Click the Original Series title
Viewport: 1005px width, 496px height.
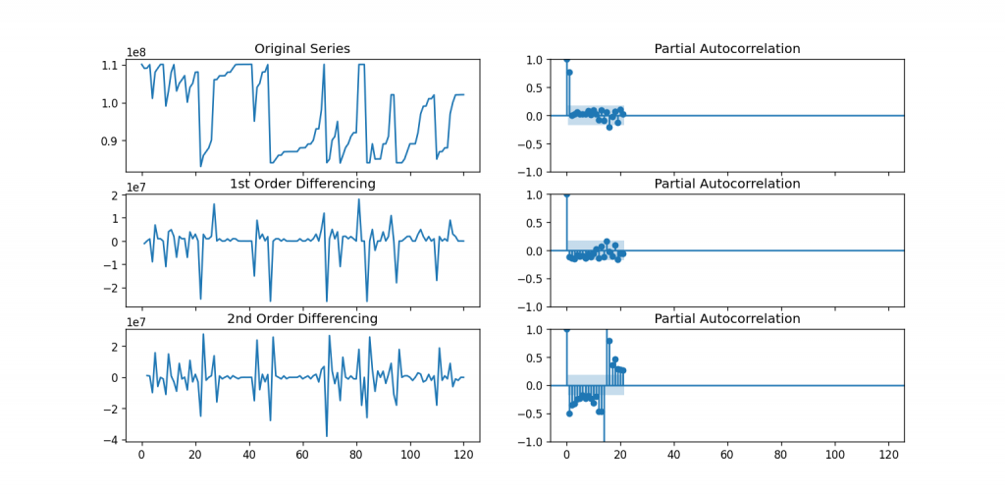(x=302, y=49)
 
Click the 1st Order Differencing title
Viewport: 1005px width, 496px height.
(x=302, y=184)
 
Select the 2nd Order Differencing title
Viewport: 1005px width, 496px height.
(x=302, y=319)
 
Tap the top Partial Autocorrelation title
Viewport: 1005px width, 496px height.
(x=727, y=49)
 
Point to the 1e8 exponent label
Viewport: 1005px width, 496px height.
(x=136, y=51)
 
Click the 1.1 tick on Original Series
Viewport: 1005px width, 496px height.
(x=110, y=65)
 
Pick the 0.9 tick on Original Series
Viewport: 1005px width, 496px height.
(x=110, y=140)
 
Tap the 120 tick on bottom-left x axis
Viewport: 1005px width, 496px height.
(x=464, y=456)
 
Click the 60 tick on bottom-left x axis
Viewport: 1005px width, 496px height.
(x=302, y=456)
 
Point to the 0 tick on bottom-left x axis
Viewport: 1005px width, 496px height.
(x=141, y=456)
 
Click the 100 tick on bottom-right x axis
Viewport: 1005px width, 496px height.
(x=836, y=456)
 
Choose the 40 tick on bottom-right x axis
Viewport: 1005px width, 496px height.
(x=674, y=456)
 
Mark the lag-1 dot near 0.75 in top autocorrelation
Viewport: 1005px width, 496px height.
(x=569, y=73)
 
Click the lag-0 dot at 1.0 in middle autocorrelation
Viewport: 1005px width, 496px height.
(x=566, y=194)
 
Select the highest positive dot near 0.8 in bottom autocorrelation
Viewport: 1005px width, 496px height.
(x=609, y=341)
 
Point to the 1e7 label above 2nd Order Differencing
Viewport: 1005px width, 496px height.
(x=136, y=321)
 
